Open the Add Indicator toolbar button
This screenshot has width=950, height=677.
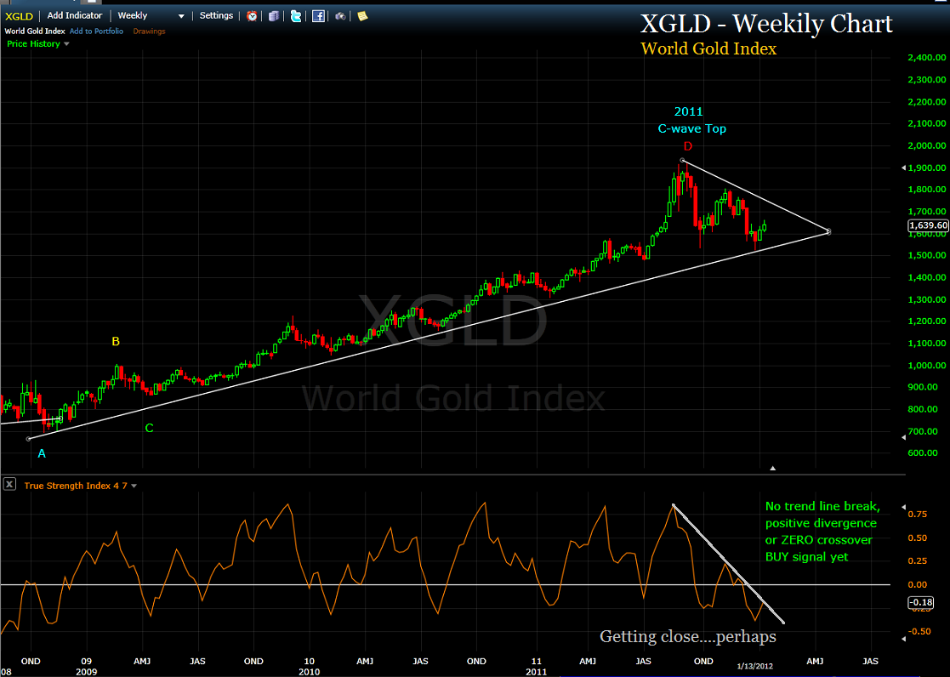tap(75, 15)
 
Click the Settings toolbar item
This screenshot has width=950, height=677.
tap(216, 15)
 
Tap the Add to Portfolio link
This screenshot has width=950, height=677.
tap(96, 31)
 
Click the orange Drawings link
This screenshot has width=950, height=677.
tap(149, 31)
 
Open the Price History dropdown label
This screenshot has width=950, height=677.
tap(34, 43)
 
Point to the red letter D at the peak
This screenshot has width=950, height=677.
tap(688, 146)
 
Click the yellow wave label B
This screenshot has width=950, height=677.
tap(116, 341)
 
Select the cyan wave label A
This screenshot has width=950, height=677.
tap(42, 453)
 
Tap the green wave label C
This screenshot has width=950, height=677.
tap(149, 428)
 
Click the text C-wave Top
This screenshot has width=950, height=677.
tap(691, 128)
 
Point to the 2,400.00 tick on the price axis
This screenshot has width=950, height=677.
tap(926, 58)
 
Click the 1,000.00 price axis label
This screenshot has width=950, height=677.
tap(926, 365)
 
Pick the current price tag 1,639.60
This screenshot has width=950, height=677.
tap(928, 225)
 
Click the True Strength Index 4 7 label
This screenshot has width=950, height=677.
tap(72, 486)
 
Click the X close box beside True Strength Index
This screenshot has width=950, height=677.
tap(9, 485)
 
